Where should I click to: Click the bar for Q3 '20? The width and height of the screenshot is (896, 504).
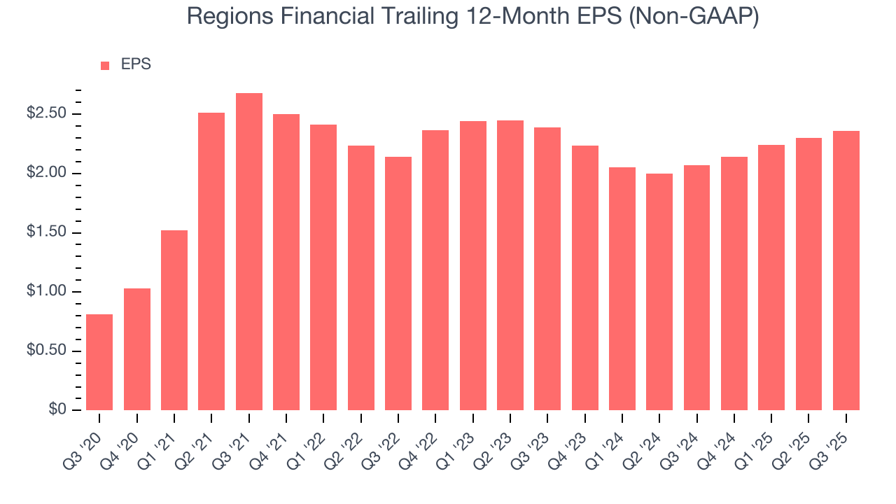(x=99, y=362)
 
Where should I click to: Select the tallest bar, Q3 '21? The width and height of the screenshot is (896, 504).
(x=249, y=251)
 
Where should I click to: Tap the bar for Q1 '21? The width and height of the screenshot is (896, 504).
(x=174, y=320)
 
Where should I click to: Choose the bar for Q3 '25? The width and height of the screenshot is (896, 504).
(x=846, y=270)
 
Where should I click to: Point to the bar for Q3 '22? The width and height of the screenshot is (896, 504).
(x=398, y=283)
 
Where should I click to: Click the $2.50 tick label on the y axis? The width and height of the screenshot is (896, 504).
(x=47, y=114)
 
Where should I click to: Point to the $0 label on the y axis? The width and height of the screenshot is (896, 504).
(x=57, y=410)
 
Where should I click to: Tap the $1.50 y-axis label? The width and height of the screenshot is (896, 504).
(x=47, y=232)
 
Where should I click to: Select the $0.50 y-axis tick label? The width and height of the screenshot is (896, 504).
(x=47, y=351)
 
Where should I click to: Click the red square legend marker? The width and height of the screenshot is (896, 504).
(x=105, y=65)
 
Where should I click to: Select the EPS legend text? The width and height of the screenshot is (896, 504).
(x=136, y=64)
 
